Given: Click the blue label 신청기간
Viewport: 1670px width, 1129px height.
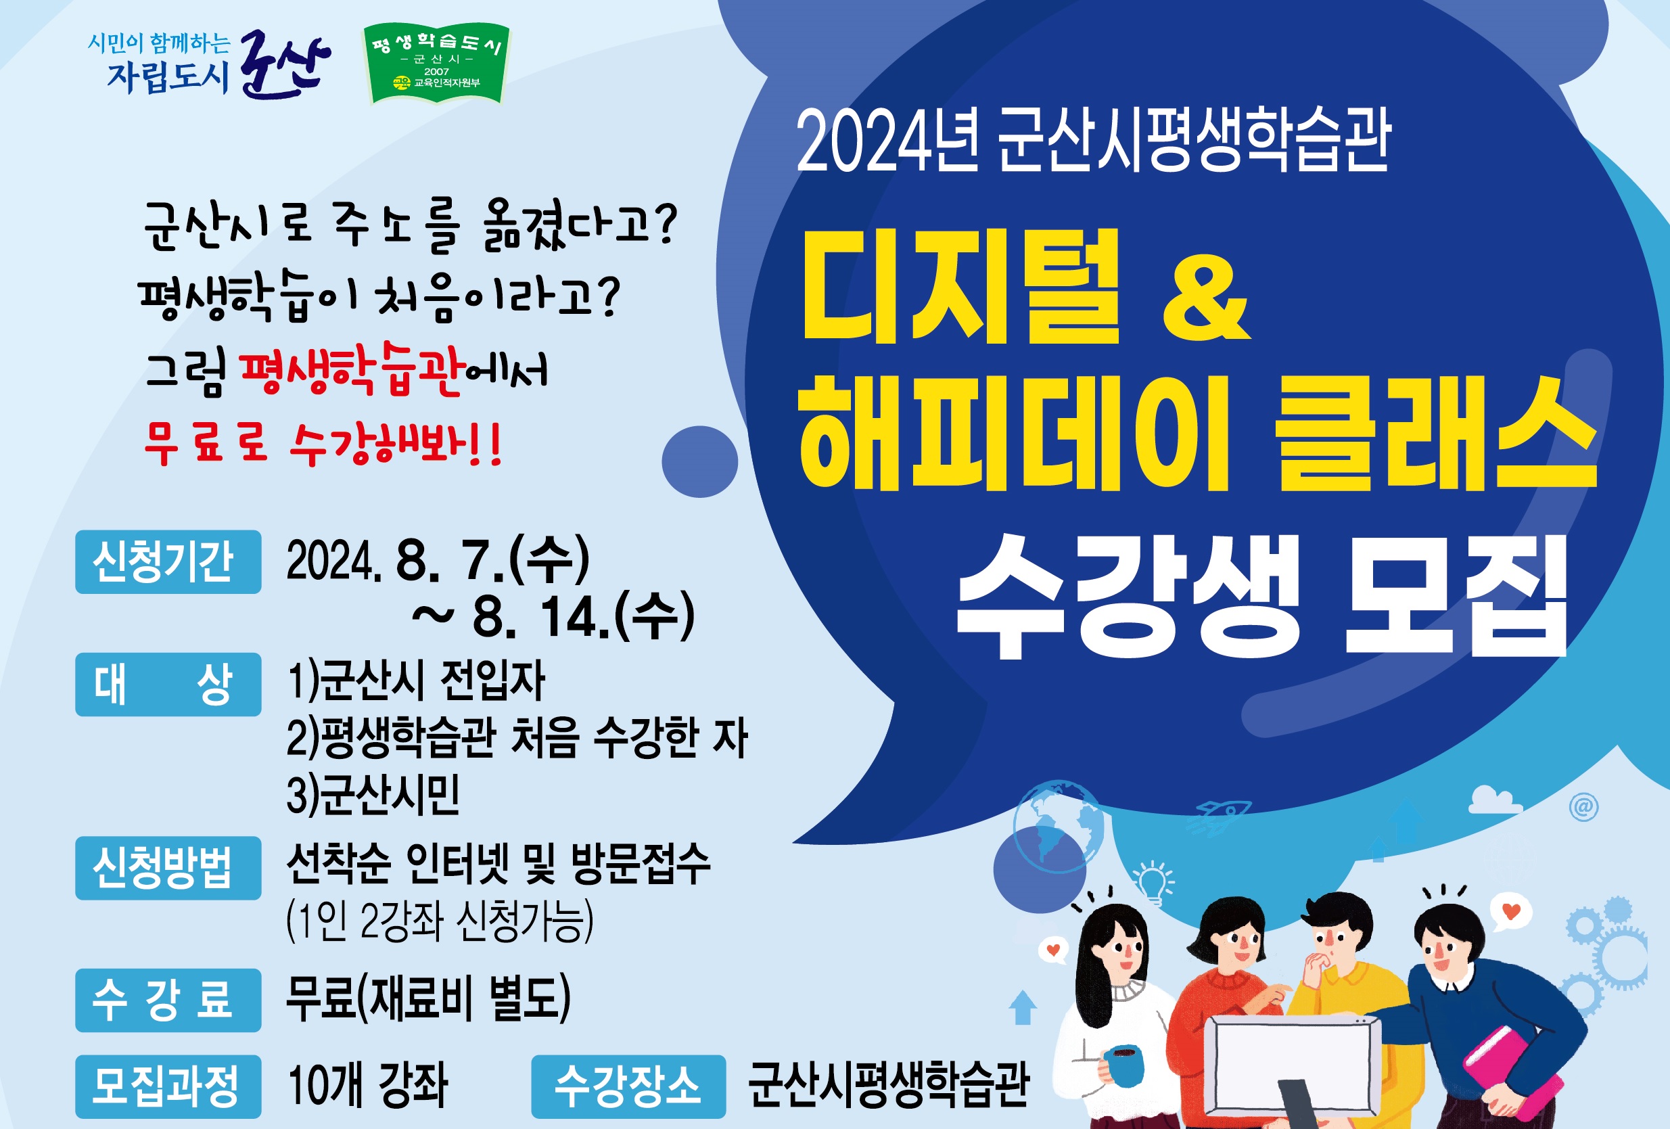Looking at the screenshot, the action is tap(168, 562).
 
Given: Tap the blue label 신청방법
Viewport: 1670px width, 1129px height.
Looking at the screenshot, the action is tap(168, 867).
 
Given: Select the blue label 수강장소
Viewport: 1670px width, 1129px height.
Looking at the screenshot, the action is tap(629, 1086).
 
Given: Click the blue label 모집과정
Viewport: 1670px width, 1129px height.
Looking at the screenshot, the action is tap(168, 1086).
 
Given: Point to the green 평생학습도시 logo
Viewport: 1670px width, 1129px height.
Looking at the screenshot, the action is tap(437, 63).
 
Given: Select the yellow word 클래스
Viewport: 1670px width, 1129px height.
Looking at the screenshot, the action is tap(1436, 434).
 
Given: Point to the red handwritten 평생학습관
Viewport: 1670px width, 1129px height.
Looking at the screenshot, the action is tap(350, 369).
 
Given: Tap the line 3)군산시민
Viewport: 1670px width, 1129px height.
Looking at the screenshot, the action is tap(373, 796).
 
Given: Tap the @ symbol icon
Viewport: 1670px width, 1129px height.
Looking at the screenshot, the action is tap(1584, 807).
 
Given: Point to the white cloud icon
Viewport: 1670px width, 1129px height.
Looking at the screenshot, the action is tap(1495, 799).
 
